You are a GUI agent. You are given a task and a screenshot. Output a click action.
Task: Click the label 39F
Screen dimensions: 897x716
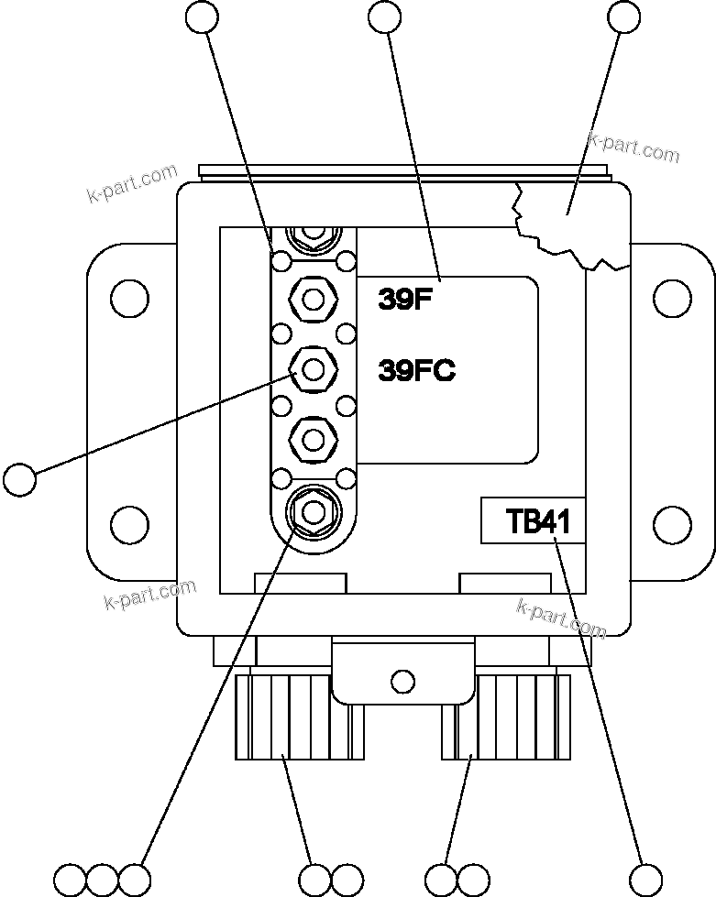[404, 300]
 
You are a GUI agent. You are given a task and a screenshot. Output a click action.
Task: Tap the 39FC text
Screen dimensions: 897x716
[416, 371]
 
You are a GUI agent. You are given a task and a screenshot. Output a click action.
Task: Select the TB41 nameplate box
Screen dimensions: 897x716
[533, 521]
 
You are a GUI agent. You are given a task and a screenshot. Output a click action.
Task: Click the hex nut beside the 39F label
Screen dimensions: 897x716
[313, 299]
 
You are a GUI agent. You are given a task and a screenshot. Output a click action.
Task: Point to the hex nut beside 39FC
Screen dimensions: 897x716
[313, 370]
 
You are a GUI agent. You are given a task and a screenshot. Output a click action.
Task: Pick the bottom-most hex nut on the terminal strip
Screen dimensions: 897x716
[313, 509]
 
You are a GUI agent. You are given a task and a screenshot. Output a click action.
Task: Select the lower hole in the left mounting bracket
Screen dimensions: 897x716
[129, 525]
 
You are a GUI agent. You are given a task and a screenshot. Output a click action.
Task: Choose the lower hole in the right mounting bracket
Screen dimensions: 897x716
[672, 525]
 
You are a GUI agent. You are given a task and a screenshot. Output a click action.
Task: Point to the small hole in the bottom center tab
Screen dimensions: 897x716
[401, 681]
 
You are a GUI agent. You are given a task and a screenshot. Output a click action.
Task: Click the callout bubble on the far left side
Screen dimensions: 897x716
[19, 478]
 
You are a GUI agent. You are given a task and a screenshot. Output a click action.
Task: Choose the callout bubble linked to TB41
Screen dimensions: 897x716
[645, 878]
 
